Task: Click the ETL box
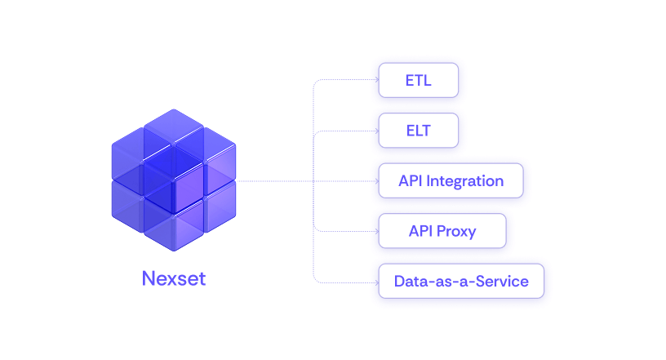(x=418, y=80)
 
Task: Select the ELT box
(x=418, y=131)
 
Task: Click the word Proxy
(x=456, y=231)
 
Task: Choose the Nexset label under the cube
(x=174, y=278)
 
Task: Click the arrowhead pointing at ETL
(x=375, y=80)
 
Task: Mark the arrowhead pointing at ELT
(x=375, y=131)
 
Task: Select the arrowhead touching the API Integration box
(x=375, y=180)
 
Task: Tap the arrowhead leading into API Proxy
(x=375, y=231)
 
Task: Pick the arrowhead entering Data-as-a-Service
(x=375, y=282)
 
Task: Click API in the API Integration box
(x=411, y=180)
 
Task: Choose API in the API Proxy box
(x=421, y=231)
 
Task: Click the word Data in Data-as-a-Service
(x=411, y=282)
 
